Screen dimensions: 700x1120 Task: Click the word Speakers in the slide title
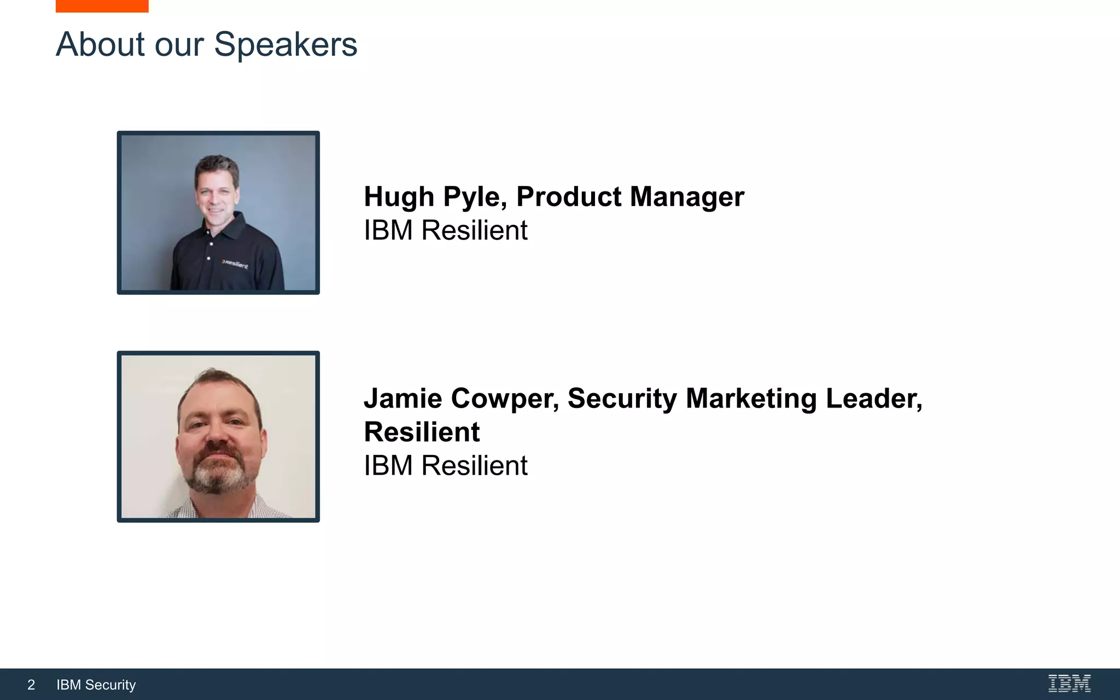point(285,45)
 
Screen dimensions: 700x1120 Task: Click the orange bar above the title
point(102,5)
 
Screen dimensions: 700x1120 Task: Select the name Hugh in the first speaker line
point(399,197)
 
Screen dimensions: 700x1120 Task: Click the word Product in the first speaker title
point(569,197)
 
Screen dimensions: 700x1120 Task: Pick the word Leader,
point(874,399)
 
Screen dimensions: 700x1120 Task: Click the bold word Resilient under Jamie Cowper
point(422,432)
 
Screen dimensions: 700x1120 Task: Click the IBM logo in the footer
point(1069,684)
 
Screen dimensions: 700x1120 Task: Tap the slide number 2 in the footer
point(31,685)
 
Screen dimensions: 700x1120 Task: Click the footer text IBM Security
point(96,685)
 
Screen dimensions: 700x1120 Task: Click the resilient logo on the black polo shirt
point(235,264)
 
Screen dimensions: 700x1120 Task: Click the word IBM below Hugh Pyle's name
point(388,230)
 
